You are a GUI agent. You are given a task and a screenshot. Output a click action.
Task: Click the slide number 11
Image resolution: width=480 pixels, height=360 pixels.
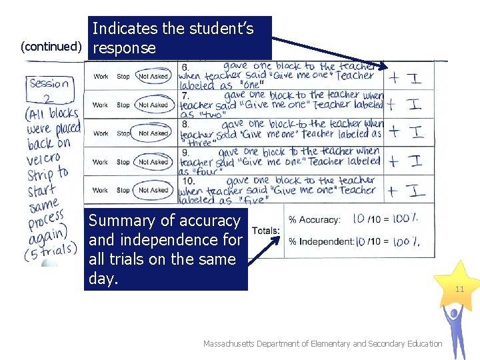pyautogui.click(x=459, y=289)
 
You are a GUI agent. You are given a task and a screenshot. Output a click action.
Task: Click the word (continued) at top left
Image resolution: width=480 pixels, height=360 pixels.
pyautogui.click(x=51, y=46)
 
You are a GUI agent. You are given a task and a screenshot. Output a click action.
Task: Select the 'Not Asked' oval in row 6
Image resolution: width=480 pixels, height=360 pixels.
pyautogui.click(x=153, y=77)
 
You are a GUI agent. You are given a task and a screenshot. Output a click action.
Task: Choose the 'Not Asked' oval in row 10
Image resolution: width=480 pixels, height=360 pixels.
pyautogui.click(x=153, y=190)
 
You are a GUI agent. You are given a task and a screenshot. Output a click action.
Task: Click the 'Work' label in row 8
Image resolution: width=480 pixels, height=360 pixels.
pyautogui.click(x=101, y=133)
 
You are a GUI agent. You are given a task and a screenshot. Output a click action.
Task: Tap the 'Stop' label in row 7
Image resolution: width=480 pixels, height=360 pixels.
pyautogui.click(x=123, y=105)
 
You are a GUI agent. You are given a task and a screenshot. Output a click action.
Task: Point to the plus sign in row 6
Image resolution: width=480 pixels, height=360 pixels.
pyautogui.click(x=395, y=77)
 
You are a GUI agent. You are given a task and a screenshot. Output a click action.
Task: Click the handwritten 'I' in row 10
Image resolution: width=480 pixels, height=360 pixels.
pyautogui.click(x=417, y=191)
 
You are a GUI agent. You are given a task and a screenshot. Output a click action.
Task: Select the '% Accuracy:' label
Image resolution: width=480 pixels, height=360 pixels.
pyautogui.click(x=314, y=220)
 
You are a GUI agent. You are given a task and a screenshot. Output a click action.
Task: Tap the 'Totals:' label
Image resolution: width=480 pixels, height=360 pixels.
pyautogui.click(x=266, y=231)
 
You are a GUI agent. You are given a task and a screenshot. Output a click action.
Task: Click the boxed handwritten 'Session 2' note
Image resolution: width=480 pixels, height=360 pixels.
pyautogui.click(x=49, y=91)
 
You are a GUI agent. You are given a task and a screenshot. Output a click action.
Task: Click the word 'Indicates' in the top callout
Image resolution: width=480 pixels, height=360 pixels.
pyautogui.click(x=124, y=29)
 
